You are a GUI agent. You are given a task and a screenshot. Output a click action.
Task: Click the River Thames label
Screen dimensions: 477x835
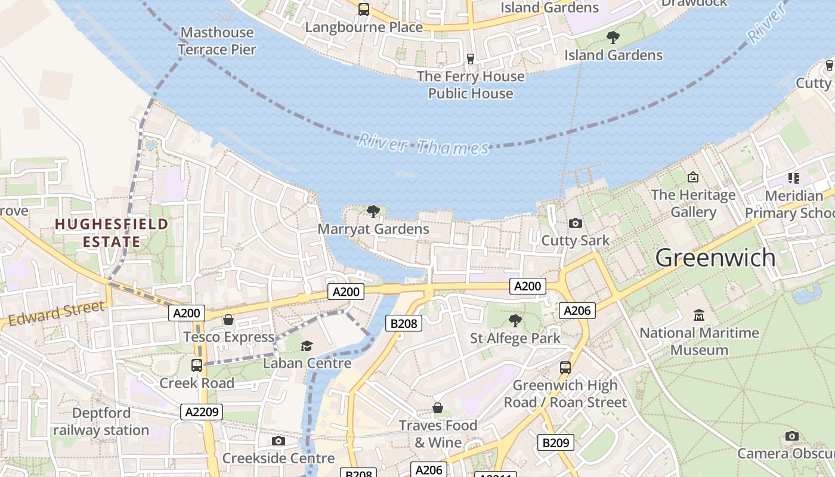423,145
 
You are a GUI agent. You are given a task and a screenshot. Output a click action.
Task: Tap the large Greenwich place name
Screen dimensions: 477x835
715,258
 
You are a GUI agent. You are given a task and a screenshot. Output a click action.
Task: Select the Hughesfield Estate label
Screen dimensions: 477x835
112,233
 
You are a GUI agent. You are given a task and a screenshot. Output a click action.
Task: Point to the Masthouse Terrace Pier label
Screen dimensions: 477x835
217,41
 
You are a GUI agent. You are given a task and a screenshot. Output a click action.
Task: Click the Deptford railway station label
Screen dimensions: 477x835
101,422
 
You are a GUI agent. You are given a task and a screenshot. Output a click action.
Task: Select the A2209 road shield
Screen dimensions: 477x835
202,411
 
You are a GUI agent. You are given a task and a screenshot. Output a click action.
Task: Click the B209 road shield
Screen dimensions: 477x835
556,442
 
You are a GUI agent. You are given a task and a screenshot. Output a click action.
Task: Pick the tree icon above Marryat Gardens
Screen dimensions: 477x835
373,211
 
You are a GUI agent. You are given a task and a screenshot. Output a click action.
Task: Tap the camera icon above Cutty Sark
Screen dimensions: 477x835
576,223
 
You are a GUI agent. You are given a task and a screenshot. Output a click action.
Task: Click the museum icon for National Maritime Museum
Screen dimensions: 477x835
699,314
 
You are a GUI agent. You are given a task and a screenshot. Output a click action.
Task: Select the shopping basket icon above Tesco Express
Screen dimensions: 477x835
228,320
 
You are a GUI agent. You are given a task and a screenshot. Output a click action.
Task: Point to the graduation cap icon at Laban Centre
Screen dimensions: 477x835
307,346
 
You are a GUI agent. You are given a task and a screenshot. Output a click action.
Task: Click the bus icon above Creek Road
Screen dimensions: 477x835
196,366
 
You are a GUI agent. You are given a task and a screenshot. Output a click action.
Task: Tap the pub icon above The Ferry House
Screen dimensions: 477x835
471,58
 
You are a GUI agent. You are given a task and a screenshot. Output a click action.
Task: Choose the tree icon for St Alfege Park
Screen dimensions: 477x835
515,321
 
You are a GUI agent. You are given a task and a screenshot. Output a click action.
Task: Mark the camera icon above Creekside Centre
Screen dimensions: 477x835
278,441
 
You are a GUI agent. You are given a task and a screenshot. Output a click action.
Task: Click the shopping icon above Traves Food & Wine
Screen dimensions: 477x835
438,408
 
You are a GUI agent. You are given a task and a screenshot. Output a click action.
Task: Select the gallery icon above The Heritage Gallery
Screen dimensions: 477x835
692,177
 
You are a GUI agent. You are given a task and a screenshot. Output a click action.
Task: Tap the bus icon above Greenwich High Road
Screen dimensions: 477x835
565,368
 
